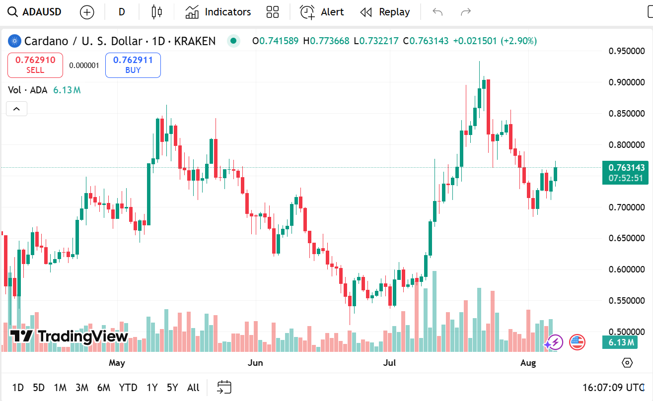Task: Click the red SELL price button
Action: (35, 65)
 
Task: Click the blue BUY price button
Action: (133, 65)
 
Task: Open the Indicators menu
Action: (218, 12)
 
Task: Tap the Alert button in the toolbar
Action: (322, 12)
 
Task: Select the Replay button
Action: (385, 12)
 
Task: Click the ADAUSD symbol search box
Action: (35, 12)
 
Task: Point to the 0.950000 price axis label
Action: (627, 51)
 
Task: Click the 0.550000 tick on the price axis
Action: (627, 301)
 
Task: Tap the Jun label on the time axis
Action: (255, 363)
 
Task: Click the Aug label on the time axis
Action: (528, 363)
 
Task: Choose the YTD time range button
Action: (128, 388)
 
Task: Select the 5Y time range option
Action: (172, 388)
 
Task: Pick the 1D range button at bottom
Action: (18, 388)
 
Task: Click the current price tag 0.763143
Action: (625, 168)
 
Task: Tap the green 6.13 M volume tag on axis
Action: (620, 342)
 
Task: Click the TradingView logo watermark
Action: (69, 336)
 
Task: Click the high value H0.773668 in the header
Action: (326, 41)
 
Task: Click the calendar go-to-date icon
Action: (224, 387)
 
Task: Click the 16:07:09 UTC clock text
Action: (614, 388)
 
